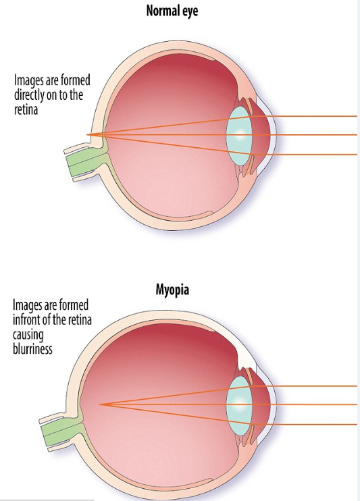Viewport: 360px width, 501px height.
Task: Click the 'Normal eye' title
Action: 172,11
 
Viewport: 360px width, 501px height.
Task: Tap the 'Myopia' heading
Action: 172,290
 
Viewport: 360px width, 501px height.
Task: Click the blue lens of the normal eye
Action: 240,135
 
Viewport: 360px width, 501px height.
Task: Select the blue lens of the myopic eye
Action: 240,405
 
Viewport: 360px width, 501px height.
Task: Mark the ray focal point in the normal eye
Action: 87,135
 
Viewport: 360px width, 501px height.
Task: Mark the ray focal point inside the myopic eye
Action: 100,404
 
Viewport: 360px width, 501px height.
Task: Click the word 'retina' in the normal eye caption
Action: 26,109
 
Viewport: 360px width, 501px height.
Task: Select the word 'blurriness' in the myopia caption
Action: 32,348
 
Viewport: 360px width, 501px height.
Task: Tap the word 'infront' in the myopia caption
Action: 27,319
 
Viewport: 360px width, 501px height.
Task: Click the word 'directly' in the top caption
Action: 29,95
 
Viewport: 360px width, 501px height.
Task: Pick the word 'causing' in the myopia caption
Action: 28,335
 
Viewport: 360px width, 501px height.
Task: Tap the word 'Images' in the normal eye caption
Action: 27,81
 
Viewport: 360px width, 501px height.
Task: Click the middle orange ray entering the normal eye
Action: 222,135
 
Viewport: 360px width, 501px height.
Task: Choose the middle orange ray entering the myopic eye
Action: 228,404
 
